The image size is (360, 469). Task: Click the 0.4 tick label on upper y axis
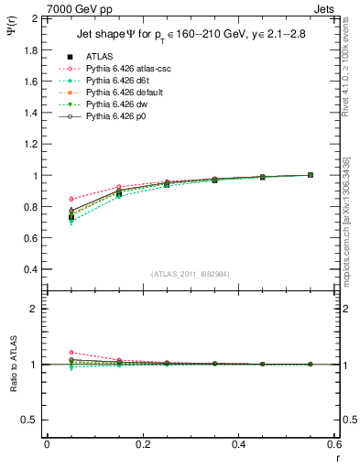tap(28, 269)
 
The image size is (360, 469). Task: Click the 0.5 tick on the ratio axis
tap(28, 420)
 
